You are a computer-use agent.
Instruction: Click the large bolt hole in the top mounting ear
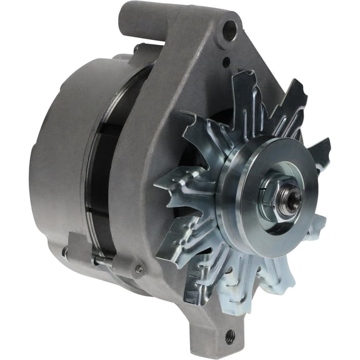coord(229,27)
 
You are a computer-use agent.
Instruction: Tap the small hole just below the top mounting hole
coord(227,61)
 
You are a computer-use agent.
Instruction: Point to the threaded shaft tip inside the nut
coord(289,199)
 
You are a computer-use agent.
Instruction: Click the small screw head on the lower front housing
coord(139,269)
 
